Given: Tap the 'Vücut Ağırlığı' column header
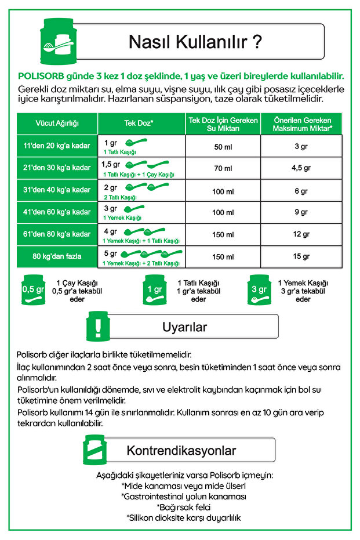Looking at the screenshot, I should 57,124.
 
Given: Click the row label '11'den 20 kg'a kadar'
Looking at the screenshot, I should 57,146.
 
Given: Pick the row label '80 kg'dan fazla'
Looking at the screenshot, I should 57,256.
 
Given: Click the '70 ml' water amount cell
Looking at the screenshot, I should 223,168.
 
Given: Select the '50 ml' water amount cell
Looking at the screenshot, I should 223,146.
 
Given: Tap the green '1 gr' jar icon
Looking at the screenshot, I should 154,289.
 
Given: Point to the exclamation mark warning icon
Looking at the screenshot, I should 98,326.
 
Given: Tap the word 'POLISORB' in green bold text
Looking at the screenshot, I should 41,76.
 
